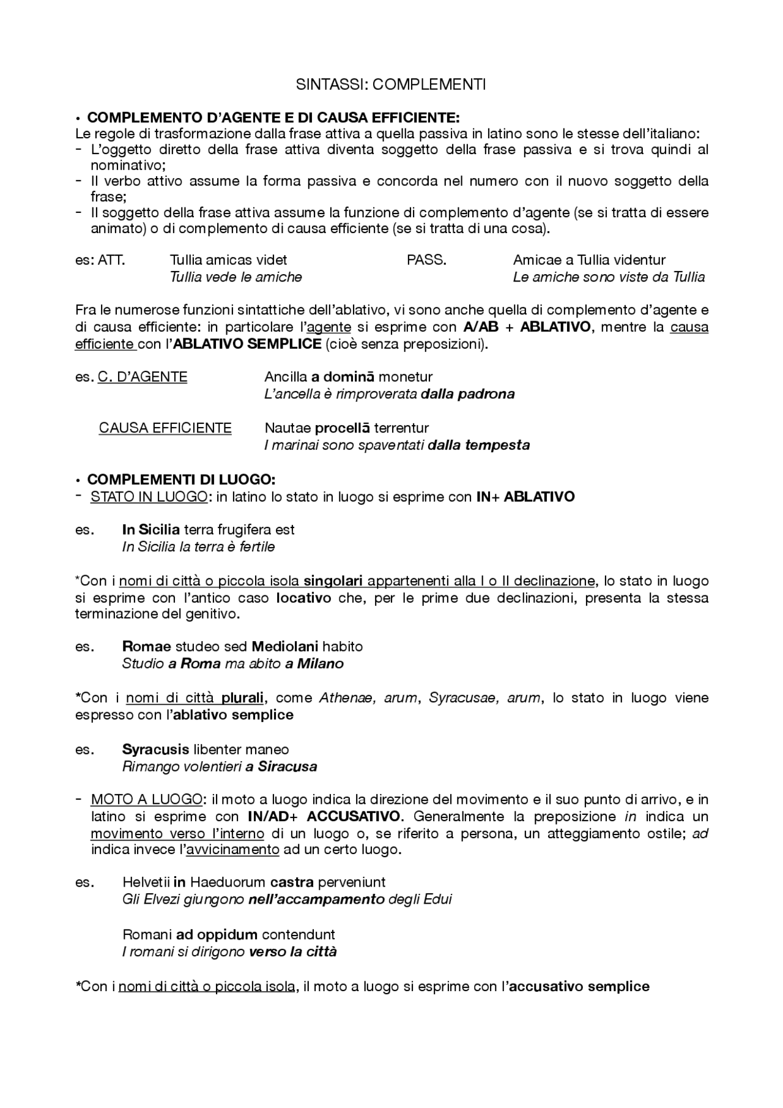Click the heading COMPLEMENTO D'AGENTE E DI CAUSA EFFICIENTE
coord(273,117)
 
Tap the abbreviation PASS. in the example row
coord(426,260)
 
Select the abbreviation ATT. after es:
coord(112,260)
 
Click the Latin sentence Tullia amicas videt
coord(228,260)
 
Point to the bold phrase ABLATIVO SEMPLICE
coord(248,344)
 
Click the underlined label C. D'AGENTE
coord(142,377)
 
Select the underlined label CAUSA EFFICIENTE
coord(165,428)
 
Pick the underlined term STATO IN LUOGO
coord(149,497)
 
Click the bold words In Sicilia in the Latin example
coord(150,530)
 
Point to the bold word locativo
coord(303,598)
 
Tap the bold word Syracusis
coord(155,749)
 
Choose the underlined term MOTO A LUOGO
coord(146,800)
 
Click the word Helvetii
coord(146,882)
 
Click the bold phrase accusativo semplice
coord(579,986)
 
